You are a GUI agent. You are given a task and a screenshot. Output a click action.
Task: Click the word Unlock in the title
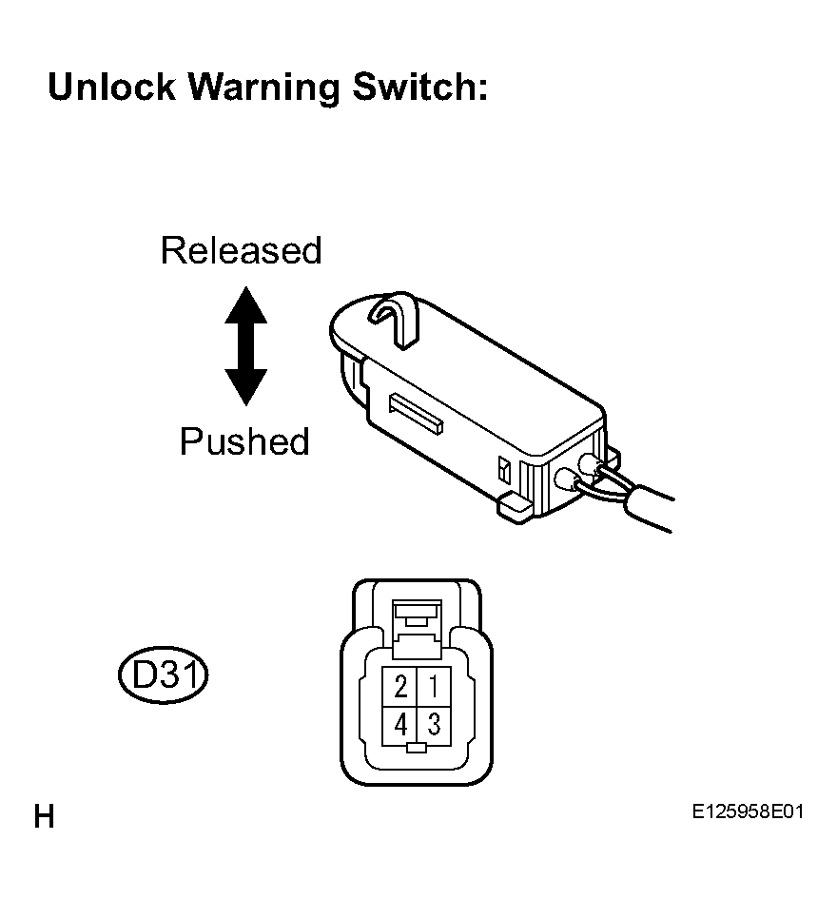click(x=112, y=88)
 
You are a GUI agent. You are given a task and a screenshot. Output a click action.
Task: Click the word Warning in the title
click(x=263, y=88)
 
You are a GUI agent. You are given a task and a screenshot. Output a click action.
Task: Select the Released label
click(x=241, y=250)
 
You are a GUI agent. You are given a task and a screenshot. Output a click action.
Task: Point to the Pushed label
click(x=244, y=441)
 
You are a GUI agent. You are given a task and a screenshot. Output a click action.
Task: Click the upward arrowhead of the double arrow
click(x=246, y=305)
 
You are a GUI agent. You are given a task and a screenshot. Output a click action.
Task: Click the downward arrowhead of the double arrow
click(x=246, y=387)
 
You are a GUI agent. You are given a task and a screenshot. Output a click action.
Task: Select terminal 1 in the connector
click(x=434, y=686)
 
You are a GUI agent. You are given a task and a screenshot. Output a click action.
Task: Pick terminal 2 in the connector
click(x=400, y=686)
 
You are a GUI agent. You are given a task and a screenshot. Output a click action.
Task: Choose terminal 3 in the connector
click(x=434, y=724)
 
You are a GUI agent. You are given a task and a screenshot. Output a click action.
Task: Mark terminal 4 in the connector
click(x=400, y=724)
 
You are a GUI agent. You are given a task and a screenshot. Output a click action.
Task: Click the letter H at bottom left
click(x=44, y=816)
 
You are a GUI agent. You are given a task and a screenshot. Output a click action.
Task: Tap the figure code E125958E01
click(x=748, y=811)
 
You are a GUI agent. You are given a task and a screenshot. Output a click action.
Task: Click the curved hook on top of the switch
click(x=396, y=317)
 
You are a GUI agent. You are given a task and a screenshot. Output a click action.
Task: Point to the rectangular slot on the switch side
click(x=416, y=412)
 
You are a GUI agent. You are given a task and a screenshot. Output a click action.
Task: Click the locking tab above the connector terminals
click(x=417, y=629)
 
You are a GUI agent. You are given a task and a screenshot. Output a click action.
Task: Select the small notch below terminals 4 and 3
click(x=417, y=748)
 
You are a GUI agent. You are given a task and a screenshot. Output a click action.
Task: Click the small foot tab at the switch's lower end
click(x=515, y=508)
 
